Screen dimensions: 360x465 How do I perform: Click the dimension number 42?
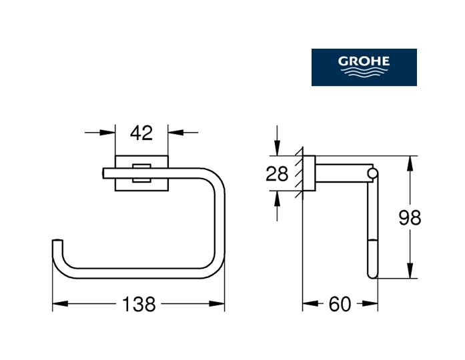(141, 133)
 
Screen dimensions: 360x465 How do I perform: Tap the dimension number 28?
(277, 175)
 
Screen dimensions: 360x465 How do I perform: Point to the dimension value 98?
(409, 217)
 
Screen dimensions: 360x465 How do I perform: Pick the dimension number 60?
(340, 305)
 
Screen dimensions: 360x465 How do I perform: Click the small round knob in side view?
(372, 175)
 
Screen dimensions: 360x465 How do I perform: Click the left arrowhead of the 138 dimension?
(57, 305)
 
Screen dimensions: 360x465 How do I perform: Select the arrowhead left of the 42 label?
(111, 133)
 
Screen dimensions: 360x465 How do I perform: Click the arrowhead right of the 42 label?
(172, 133)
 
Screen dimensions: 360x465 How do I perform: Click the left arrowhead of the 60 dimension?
(308, 305)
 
